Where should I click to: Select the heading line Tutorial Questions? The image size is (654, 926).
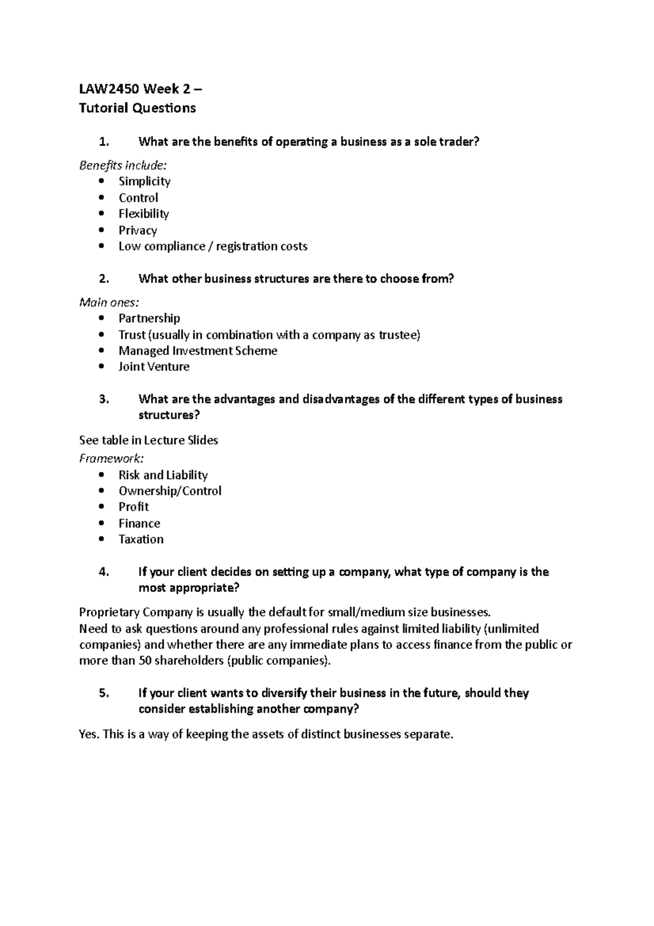click(x=137, y=108)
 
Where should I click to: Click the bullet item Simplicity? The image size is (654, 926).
click(x=144, y=181)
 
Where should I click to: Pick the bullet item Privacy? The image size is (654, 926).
click(x=138, y=230)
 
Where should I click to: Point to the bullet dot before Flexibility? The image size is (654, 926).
click(x=102, y=214)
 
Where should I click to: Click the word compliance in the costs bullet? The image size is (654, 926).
click(x=176, y=246)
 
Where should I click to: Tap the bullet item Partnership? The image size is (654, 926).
click(x=149, y=318)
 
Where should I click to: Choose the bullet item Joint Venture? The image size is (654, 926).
click(x=154, y=366)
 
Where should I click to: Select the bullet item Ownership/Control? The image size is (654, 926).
click(x=170, y=491)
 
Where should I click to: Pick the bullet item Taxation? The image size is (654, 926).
click(x=141, y=539)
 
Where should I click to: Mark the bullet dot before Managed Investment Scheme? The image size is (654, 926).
click(x=102, y=351)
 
